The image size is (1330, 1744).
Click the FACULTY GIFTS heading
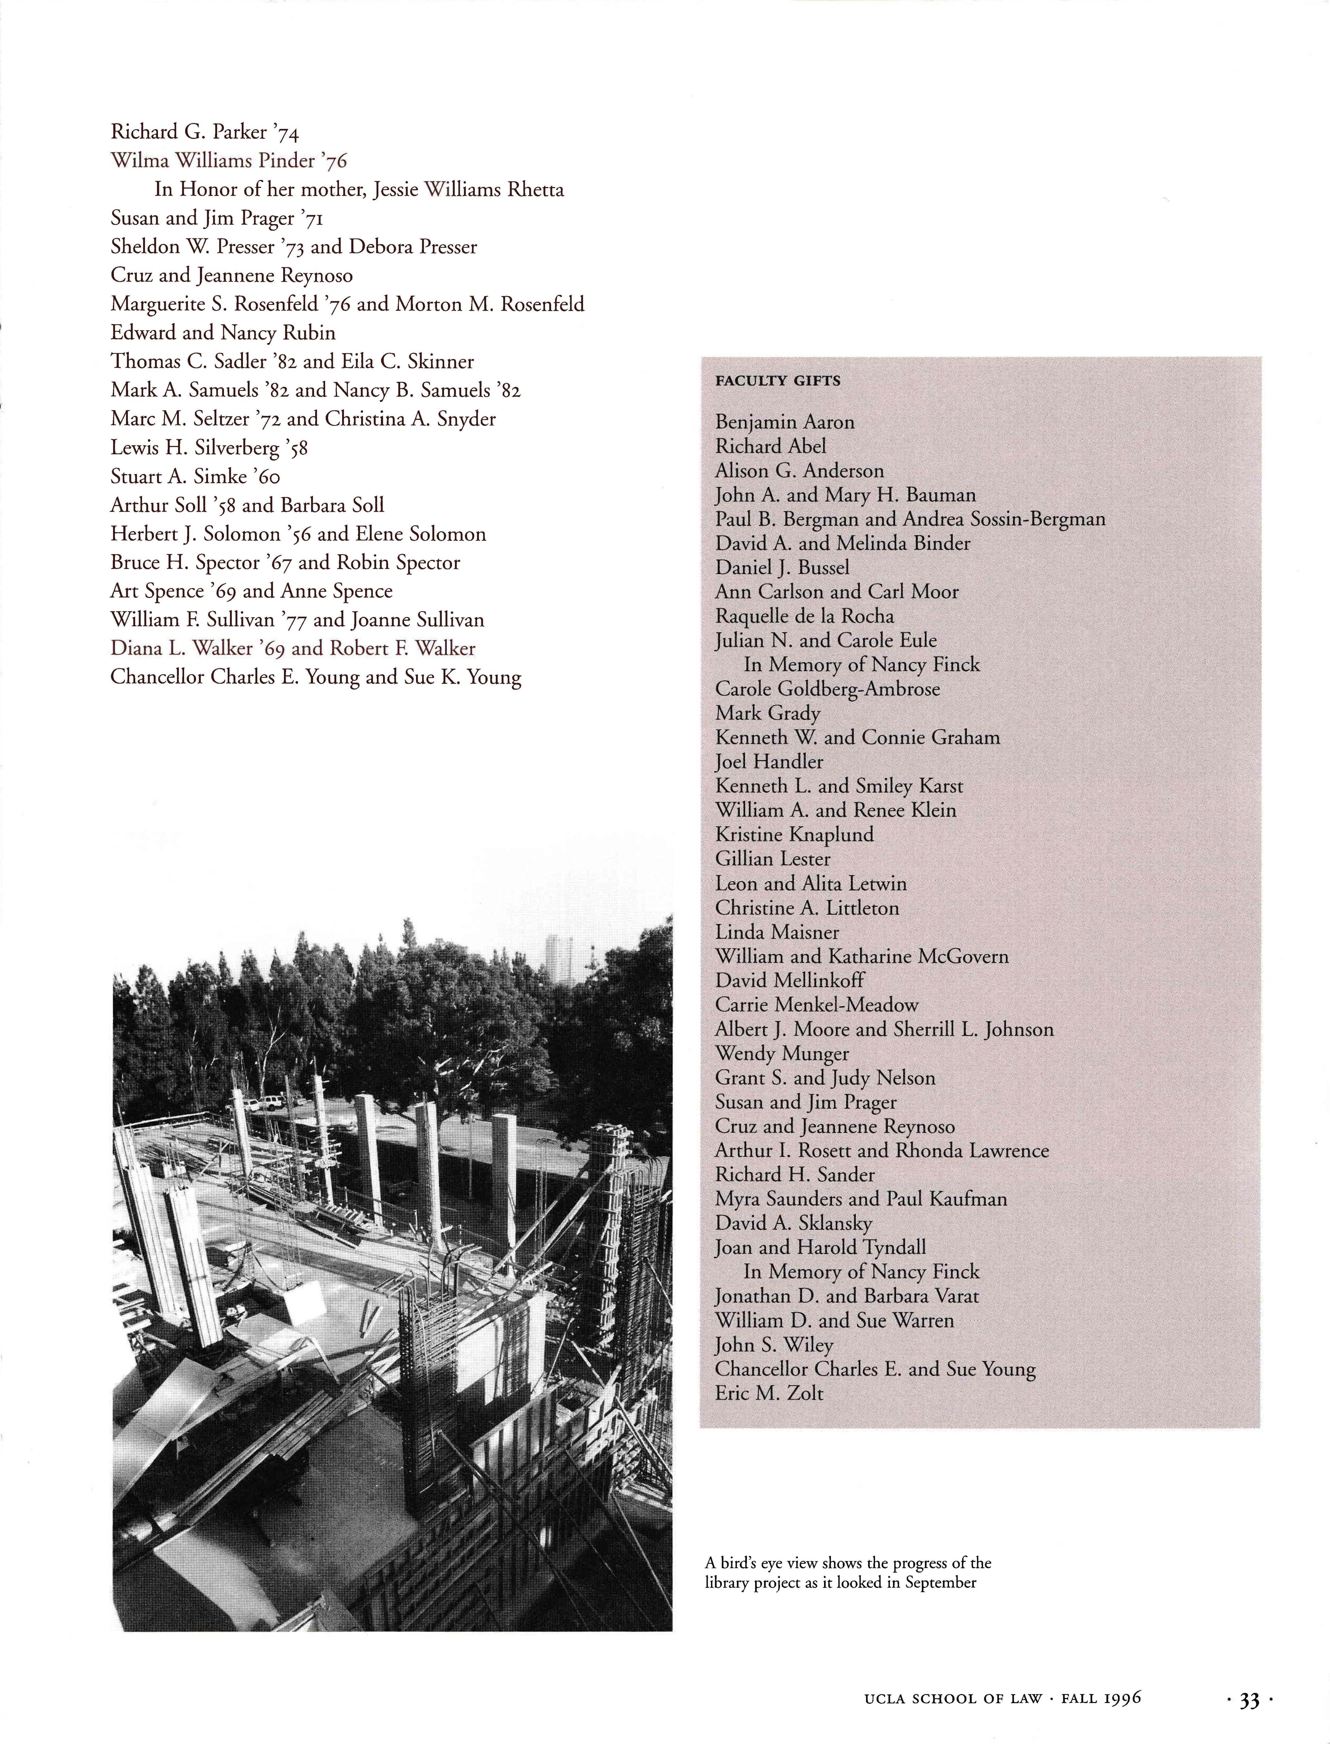(777, 381)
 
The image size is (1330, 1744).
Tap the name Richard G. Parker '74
(204, 132)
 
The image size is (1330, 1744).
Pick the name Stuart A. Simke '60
(195, 477)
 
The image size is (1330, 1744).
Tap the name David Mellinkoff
(789, 981)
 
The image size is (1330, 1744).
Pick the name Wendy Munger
(781, 1053)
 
